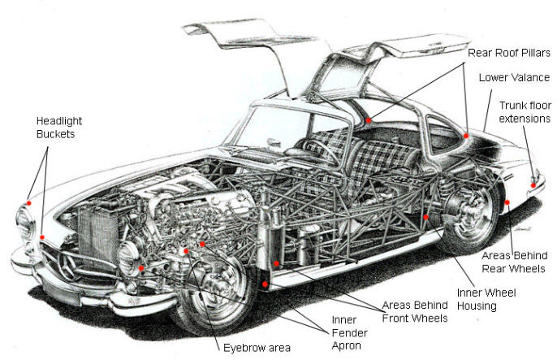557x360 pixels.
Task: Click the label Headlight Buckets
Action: click(58, 127)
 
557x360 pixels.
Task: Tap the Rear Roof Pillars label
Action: click(508, 53)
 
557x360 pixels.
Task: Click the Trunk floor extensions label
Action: click(524, 111)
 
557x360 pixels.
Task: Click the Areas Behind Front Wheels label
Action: click(415, 310)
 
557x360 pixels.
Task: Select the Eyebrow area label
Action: click(257, 348)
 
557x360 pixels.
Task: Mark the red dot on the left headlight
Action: click(28, 201)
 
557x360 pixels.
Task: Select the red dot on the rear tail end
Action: click(533, 184)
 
